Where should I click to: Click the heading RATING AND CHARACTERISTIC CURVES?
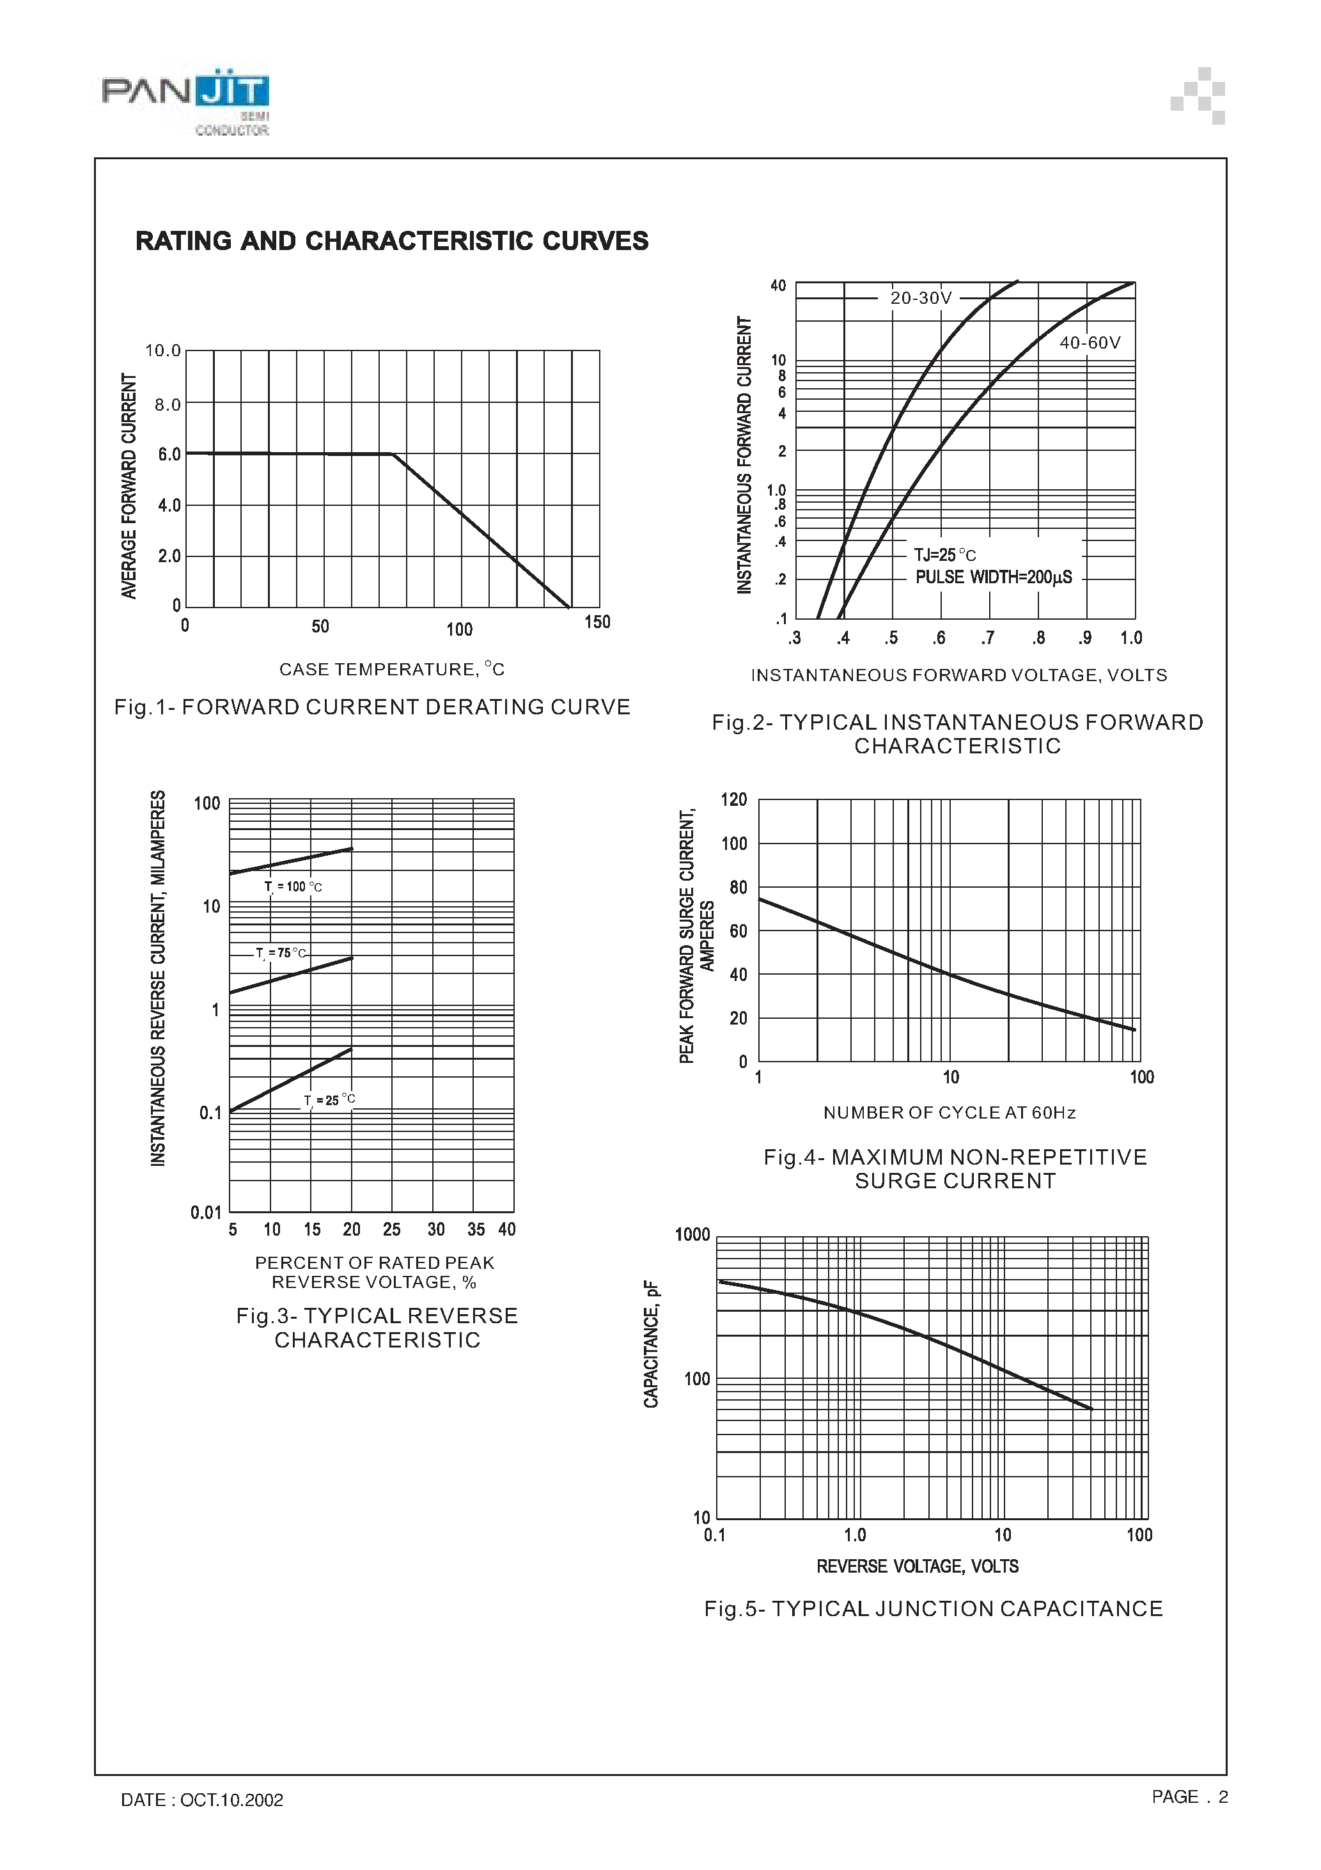coord(392,241)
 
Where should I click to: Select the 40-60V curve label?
coord(1090,343)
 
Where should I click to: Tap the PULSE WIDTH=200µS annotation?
coord(993,577)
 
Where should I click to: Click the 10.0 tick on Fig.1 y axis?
coord(163,351)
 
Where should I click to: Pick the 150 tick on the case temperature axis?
coord(597,622)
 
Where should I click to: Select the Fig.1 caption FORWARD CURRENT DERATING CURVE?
coord(372,707)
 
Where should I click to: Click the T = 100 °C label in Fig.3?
coord(293,887)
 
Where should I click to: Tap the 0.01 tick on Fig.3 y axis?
coord(206,1213)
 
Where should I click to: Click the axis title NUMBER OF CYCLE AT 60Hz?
coord(950,1113)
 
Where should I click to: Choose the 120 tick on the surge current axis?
coord(734,800)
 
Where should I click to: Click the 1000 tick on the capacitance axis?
coord(692,1235)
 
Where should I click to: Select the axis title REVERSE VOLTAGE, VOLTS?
coord(917,1566)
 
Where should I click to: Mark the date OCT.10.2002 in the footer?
coord(231,1800)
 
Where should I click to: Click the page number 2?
coord(1223,1796)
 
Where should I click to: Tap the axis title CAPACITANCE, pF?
coord(651,1344)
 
